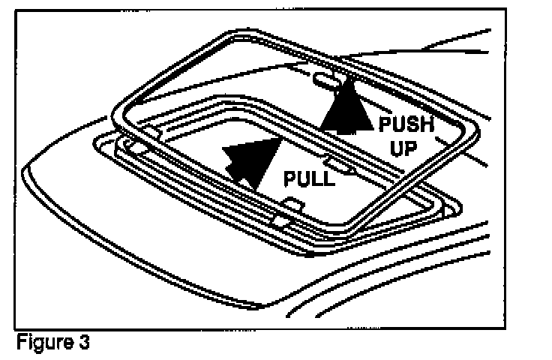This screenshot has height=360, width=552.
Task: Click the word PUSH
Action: coord(406,122)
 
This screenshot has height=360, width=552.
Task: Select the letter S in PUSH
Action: coord(412,122)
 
